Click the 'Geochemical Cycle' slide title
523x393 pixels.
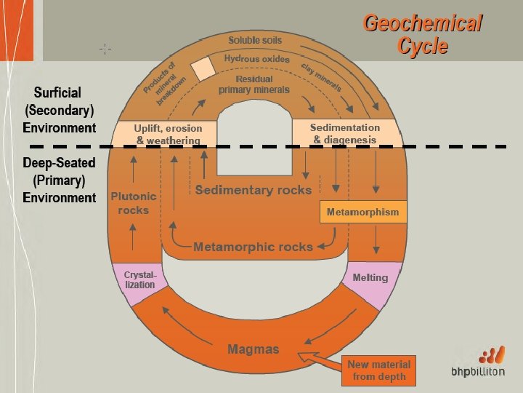(x=422, y=34)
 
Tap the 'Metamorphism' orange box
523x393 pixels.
(x=362, y=213)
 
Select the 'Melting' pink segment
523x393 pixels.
(x=370, y=277)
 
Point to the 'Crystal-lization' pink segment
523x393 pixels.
(x=139, y=279)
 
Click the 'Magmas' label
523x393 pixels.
(x=253, y=349)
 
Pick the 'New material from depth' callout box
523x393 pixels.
(x=378, y=370)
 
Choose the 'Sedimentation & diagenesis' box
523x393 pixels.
(x=344, y=133)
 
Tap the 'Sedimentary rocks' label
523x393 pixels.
(x=253, y=190)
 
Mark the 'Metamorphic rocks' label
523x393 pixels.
(x=253, y=247)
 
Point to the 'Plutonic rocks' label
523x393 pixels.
(x=134, y=203)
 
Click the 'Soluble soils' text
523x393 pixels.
(x=255, y=39)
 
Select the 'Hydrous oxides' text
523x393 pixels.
(x=256, y=58)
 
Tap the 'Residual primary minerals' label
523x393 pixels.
(x=254, y=84)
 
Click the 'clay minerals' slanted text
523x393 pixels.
(x=321, y=76)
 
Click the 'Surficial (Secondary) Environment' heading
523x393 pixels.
(x=60, y=110)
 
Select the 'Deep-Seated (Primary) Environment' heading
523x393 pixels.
(x=60, y=180)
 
